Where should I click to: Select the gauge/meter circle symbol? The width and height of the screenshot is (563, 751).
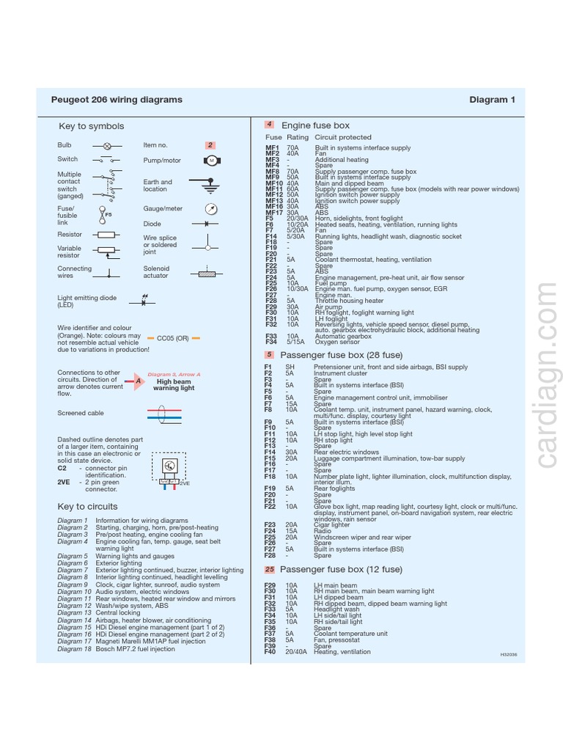(x=211, y=208)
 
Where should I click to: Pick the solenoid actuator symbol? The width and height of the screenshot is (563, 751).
(x=207, y=274)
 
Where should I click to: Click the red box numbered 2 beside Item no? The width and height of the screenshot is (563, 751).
(x=210, y=145)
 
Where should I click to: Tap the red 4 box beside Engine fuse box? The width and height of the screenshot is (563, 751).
(x=269, y=125)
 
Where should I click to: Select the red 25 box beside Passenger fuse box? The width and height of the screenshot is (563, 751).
(x=269, y=569)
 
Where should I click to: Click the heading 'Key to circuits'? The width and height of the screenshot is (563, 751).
(x=87, y=507)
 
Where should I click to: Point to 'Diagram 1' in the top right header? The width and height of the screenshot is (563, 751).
(x=493, y=100)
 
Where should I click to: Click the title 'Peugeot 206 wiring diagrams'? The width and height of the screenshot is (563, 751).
(x=117, y=100)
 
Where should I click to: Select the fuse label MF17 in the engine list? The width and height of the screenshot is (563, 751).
(x=274, y=213)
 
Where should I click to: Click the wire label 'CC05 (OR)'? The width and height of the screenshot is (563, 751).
(x=173, y=338)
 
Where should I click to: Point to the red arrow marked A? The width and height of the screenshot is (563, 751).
(x=136, y=381)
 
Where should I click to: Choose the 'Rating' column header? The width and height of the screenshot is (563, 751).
(x=298, y=137)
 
